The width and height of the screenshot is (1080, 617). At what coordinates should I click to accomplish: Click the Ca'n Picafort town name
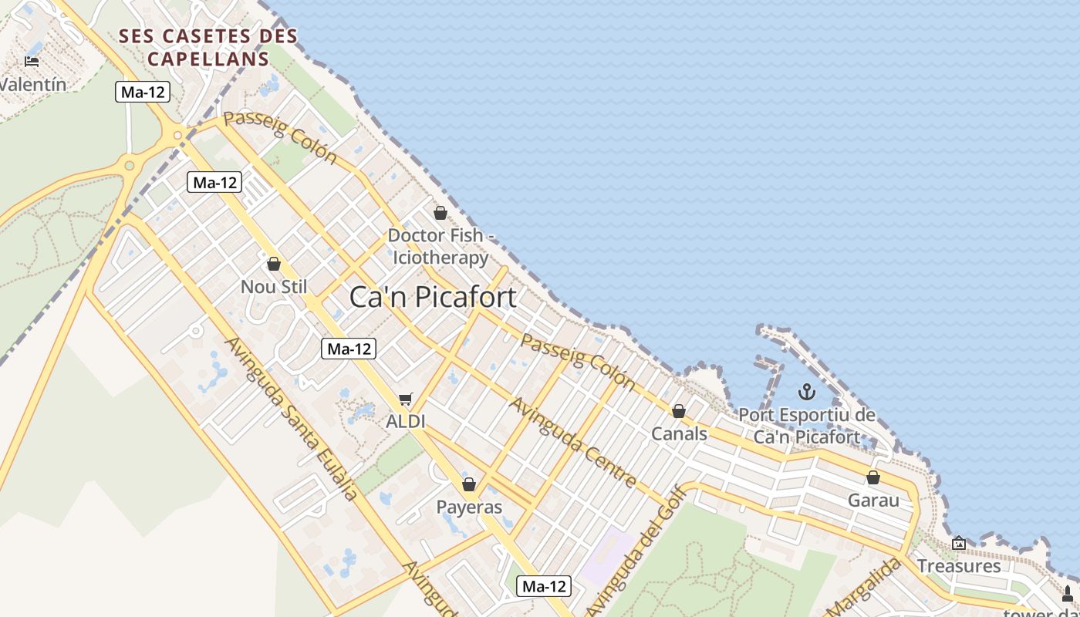tap(433, 297)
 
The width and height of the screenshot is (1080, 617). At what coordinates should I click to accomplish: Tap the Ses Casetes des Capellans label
tap(208, 47)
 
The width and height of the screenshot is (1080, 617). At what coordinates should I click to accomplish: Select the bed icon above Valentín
tap(32, 61)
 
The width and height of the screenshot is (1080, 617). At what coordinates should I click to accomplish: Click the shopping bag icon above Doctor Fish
tap(440, 213)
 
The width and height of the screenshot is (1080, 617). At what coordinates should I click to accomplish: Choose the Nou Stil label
tap(274, 287)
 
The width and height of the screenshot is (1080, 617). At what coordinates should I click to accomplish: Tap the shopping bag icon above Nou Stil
tap(274, 265)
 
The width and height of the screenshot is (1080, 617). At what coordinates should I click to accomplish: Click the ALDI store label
tap(406, 421)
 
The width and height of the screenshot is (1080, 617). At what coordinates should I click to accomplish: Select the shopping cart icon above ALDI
tap(406, 400)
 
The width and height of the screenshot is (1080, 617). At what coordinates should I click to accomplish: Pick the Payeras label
tap(469, 507)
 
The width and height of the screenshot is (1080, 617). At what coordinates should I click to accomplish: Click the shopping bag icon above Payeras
tap(469, 484)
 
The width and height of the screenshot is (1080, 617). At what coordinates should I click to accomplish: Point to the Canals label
tap(679, 433)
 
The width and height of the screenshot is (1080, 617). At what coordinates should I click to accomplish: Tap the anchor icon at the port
tap(806, 392)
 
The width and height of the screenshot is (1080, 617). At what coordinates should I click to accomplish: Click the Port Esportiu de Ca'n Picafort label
tap(807, 426)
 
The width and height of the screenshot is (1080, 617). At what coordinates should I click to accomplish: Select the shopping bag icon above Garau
tap(873, 477)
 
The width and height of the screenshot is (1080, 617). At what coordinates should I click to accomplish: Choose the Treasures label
tap(959, 566)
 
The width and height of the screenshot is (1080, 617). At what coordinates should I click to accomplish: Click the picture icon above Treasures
tap(959, 544)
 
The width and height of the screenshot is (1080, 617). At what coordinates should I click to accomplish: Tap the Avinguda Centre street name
tap(573, 443)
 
